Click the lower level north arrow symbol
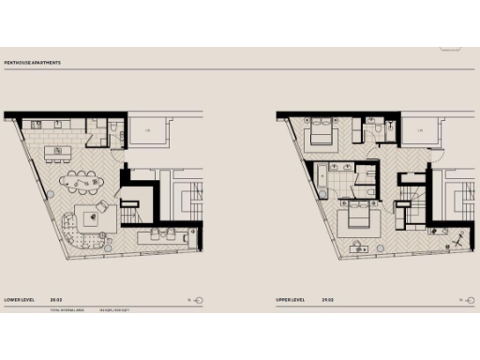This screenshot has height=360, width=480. (x=197, y=301)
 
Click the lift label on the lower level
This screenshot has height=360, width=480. (x=147, y=130)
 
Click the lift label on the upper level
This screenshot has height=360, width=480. (x=421, y=130)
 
